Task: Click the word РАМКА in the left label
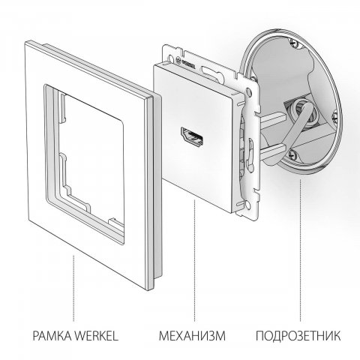pos(51,331)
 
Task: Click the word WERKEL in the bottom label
pos(100,331)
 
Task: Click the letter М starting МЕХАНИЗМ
pos(163,331)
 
